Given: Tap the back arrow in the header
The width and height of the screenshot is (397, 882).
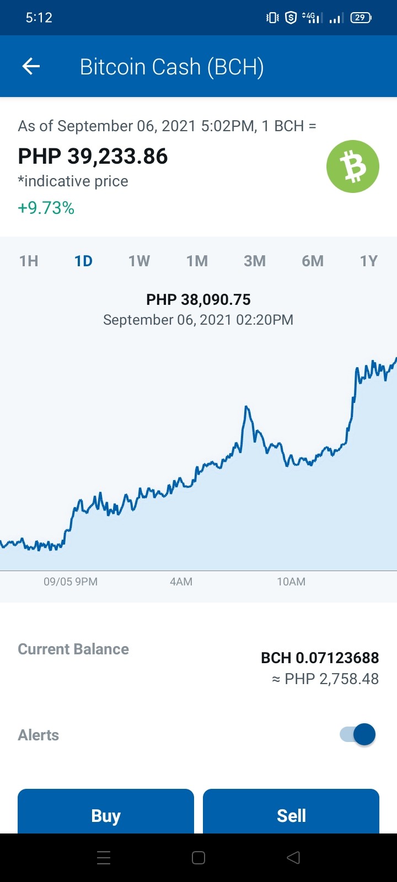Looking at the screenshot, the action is tap(31, 66).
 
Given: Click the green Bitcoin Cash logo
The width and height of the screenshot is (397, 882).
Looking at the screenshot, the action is tap(352, 166).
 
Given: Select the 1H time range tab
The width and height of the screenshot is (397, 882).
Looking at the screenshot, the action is tap(29, 261).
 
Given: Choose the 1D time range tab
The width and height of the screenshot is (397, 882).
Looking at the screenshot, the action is tap(83, 261).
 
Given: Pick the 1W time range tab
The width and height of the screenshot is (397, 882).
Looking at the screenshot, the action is tap(140, 261).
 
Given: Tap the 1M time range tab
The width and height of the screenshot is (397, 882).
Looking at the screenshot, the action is tap(197, 261).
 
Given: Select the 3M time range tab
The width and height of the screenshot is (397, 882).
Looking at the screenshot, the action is tap(255, 261).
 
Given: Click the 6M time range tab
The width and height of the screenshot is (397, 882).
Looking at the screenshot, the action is tap(313, 261).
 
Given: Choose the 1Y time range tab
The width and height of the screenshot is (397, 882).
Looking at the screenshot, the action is tap(369, 261).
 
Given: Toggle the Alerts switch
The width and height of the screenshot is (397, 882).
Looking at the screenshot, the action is tap(358, 734).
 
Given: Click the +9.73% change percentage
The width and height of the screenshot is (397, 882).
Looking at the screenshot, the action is tap(46, 208).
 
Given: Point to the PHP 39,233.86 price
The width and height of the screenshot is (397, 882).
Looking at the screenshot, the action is tap(93, 156).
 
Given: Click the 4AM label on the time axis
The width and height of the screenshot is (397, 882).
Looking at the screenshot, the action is tap(181, 582).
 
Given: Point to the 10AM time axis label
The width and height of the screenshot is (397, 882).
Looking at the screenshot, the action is tap(291, 582).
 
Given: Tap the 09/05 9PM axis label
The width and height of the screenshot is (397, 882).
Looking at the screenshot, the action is tap(71, 582).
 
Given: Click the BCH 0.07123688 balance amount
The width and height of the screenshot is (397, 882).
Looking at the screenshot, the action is tap(320, 658).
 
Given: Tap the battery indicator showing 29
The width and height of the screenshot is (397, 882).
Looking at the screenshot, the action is tap(361, 17).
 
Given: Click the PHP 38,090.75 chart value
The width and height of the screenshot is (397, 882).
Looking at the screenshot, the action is tap(198, 300).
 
